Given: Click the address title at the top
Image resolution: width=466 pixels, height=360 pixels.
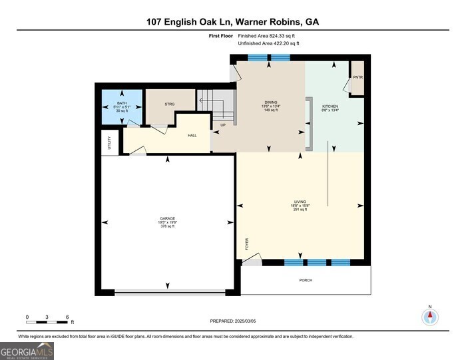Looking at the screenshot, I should pyautogui.click(x=233, y=21).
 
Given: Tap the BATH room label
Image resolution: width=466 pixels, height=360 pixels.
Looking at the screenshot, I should pyautogui.click(x=122, y=103).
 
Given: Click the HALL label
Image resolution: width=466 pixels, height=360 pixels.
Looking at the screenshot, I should pyautogui.click(x=192, y=136).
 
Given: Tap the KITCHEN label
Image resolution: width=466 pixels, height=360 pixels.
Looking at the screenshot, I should pyautogui.click(x=330, y=106).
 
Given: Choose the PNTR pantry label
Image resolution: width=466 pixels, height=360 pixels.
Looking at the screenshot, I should pyautogui.click(x=357, y=77).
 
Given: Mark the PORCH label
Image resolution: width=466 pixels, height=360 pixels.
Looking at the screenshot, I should pyautogui.click(x=306, y=280).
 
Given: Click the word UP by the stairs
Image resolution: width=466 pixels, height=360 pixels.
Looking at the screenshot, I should pyautogui.click(x=223, y=125).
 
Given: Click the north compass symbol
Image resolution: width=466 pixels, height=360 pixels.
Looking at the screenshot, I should pyautogui.click(x=431, y=317).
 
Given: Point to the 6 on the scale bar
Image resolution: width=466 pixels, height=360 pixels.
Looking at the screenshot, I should pyautogui.click(x=67, y=316).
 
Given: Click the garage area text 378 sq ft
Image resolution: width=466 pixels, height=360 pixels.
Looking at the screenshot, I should pyautogui.click(x=166, y=227).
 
